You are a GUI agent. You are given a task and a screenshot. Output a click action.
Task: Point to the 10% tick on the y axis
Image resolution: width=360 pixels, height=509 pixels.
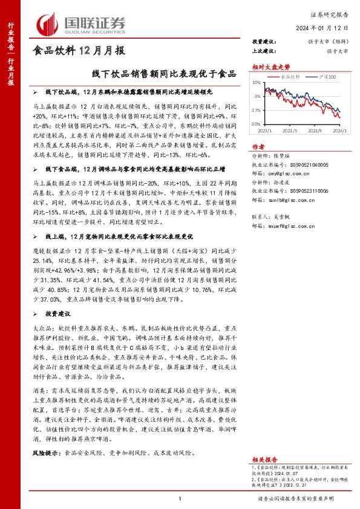[257, 82]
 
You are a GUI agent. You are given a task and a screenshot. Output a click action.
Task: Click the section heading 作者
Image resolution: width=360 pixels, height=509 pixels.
[258, 146]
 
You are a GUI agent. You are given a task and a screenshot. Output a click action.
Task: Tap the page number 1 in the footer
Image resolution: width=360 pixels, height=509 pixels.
[180, 498]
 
